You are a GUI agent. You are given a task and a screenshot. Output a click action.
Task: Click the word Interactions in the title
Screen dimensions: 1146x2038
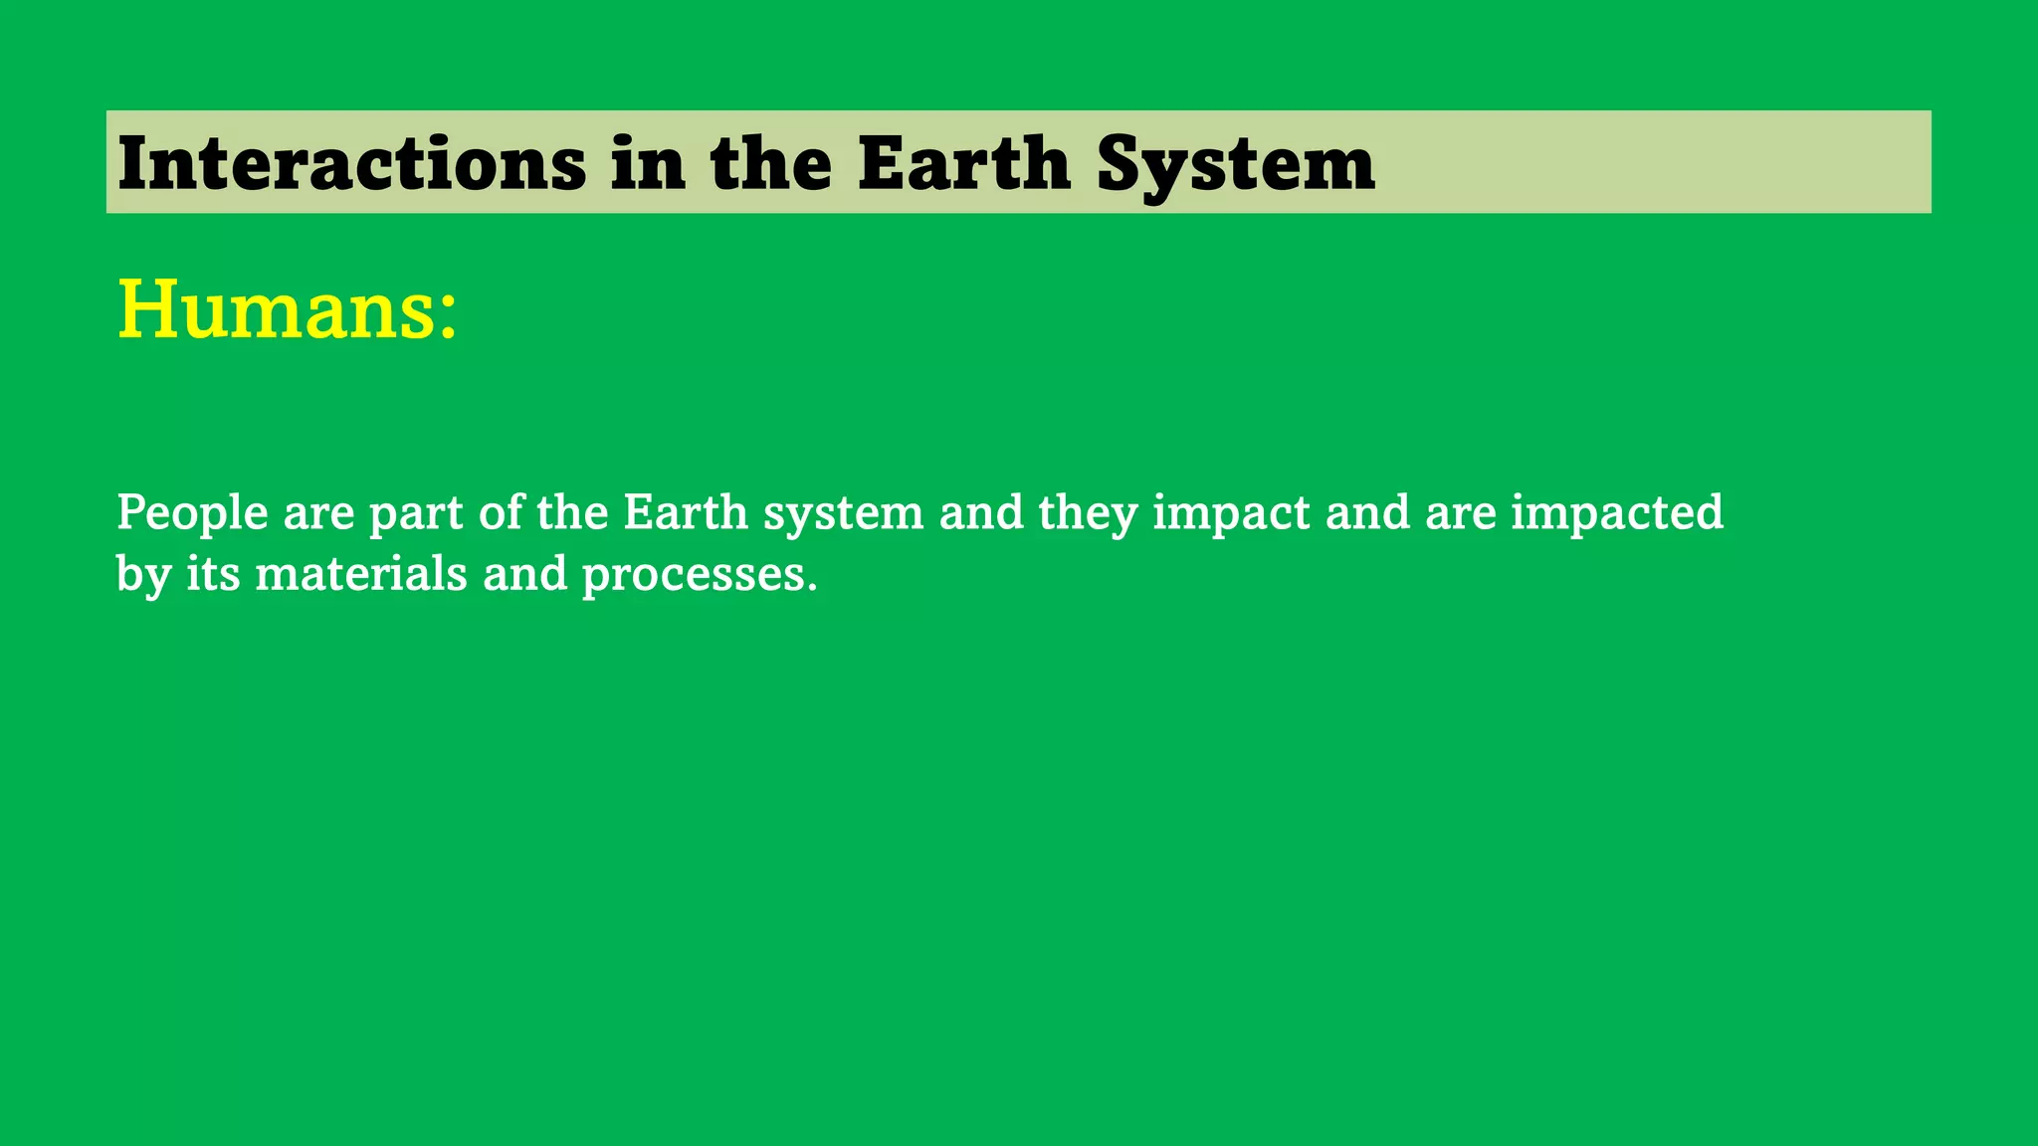(x=351, y=163)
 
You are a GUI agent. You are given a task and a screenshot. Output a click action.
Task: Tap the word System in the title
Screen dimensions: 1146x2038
(x=1236, y=163)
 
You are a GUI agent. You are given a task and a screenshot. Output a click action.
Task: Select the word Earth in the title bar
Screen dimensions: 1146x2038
(x=963, y=163)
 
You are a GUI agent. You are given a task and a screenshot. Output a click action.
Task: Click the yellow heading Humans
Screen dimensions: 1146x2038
(x=275, y=309)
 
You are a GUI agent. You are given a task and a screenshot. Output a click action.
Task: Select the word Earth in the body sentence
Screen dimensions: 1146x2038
(x=686, y=512)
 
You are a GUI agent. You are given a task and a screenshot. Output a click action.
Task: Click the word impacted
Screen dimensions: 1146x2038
(x=1617, y=513)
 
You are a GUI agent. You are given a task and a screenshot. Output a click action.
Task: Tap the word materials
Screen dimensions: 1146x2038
(x=361, y=574)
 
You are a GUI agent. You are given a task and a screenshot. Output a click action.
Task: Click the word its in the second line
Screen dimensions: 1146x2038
(x=213, y=574)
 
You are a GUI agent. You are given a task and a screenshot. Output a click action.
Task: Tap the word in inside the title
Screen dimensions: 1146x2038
(x=648, y=163)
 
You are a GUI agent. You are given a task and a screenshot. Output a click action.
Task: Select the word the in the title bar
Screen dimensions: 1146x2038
(x=771, y=163)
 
